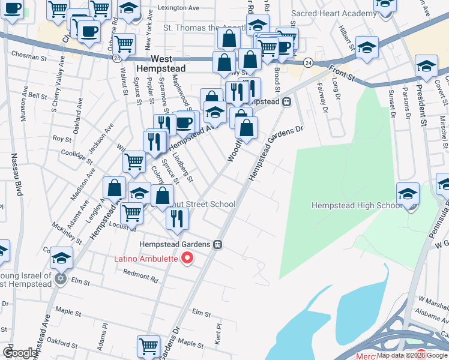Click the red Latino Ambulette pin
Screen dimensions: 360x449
point(187,258)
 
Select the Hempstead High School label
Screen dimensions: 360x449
point(357,206)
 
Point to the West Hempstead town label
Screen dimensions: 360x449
point(161,64)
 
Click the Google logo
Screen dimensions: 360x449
point(20,353)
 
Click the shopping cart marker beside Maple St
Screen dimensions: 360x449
point(148,346)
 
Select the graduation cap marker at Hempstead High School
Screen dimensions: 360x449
point(408,194)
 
